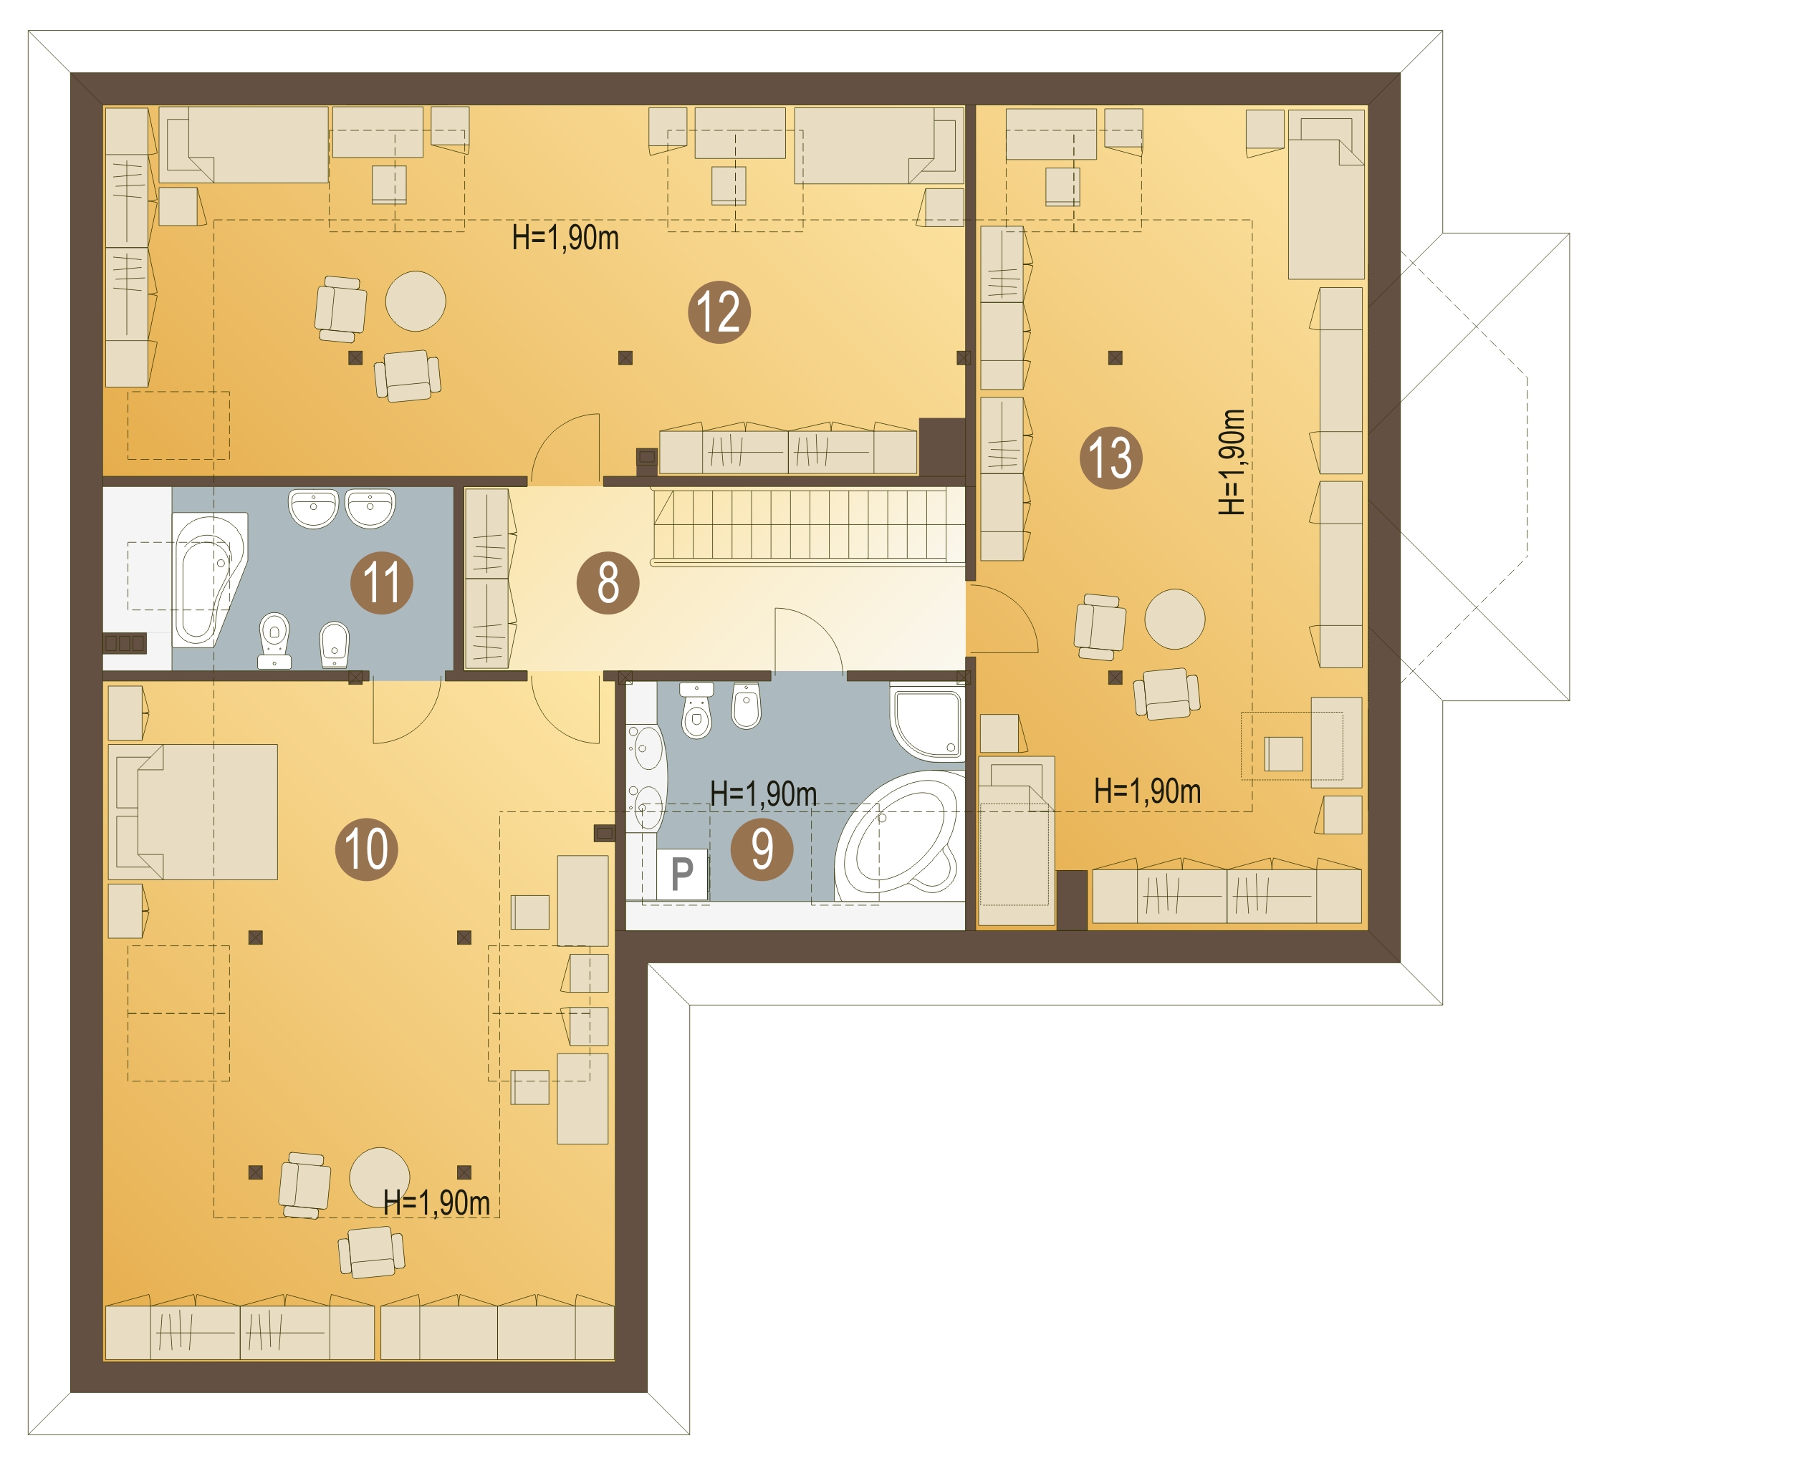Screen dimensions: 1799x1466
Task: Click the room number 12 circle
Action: click(x=719, y=312)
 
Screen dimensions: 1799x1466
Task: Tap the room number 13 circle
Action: click(x=1110, y=458)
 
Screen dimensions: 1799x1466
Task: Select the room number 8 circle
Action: click(x=608, y=583)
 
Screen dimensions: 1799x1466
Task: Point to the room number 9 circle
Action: click(x=762, y=849)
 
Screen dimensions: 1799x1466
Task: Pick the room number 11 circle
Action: click(x=382, y=583)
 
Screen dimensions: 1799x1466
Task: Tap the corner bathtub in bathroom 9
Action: click(x=901, y=835)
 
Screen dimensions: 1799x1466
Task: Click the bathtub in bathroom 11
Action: click(x=208, y=580)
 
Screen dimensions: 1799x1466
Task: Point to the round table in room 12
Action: click(x=416, y=302)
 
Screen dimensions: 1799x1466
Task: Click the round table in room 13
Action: click(x=1174, y=618)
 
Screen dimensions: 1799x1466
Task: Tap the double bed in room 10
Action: click(x=193, y=811)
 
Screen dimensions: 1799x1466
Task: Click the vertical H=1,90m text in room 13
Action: click(x=1232, y=462)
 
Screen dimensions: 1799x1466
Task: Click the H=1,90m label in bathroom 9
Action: click(x=764, y=794)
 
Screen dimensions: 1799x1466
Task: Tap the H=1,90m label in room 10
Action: click(x=436, y=1202)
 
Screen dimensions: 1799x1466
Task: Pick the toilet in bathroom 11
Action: click(x=274, y=640)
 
